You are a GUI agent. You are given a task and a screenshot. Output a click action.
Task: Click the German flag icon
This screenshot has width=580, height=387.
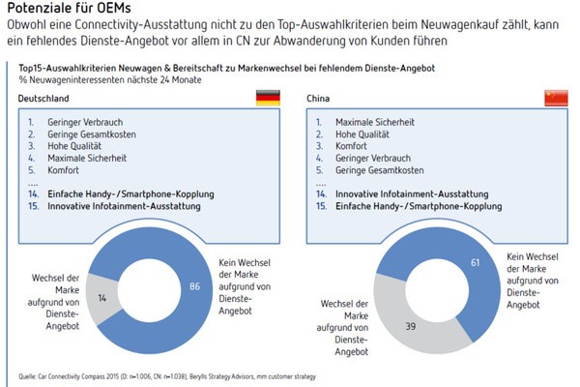(x=269, y=98)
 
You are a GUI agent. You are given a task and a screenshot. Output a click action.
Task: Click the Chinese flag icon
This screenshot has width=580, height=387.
(x=556, y=98)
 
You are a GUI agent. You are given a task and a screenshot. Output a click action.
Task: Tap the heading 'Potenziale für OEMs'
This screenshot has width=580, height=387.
(x=64, y=9)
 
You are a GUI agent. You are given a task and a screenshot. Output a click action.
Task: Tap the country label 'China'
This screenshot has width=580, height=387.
(x=318, y=100)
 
